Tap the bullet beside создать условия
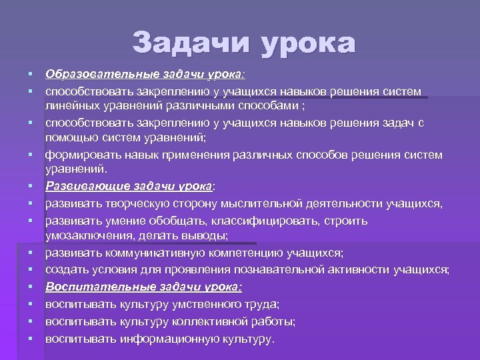point(31,269)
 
